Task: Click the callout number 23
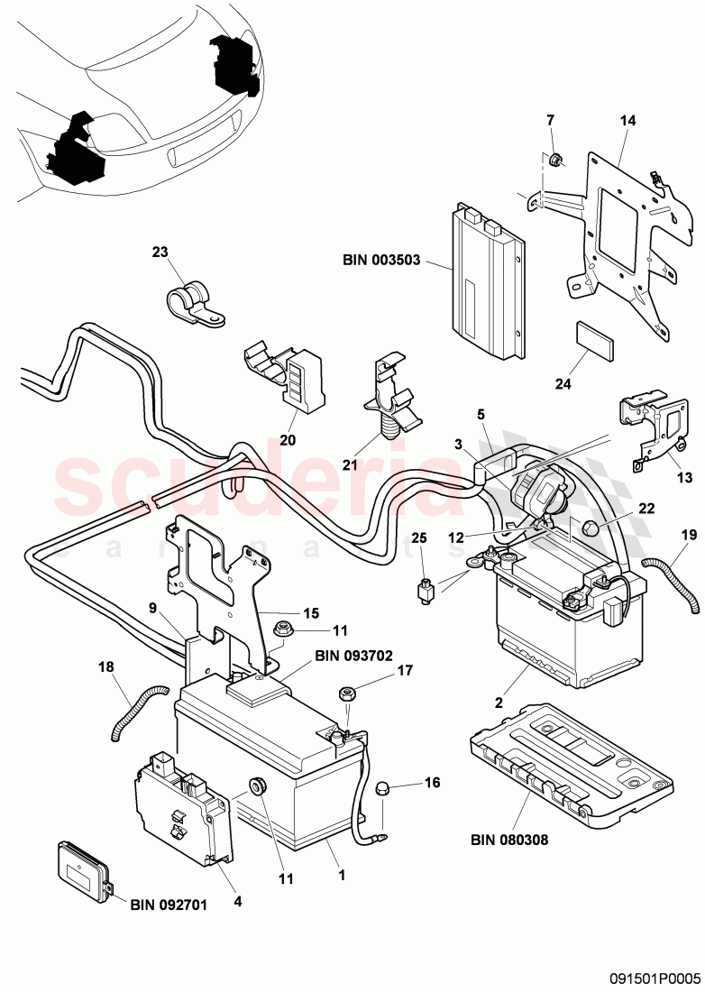click(160, 253)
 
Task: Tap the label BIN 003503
click(382, 262)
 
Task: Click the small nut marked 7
click(555, 161)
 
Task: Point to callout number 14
click(627, 119)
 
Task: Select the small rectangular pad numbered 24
click(595, 342)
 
